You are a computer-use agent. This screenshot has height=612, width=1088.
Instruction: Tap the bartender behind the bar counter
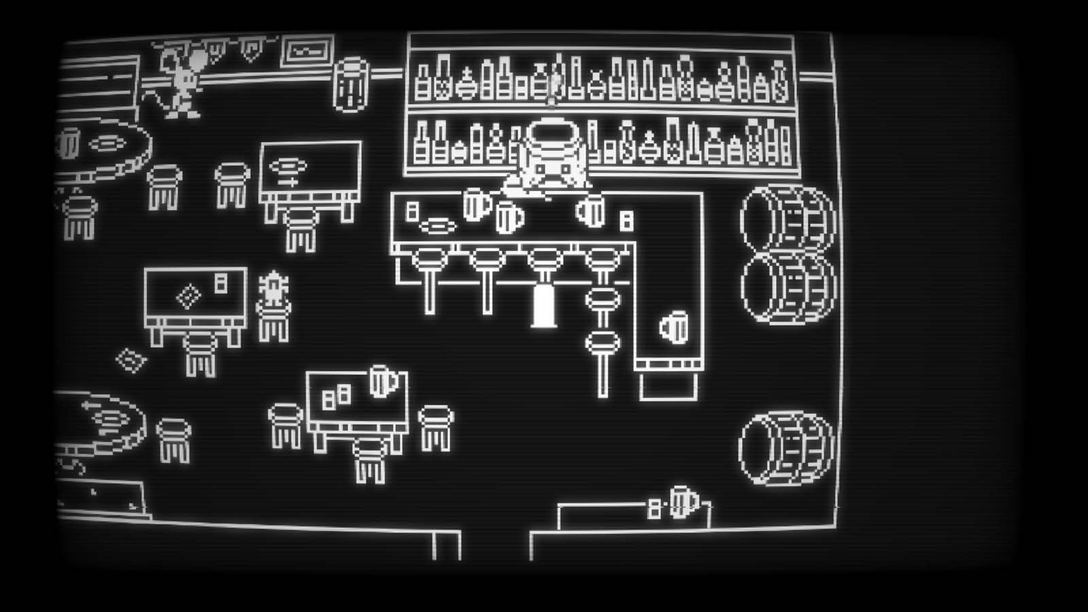[548, 170]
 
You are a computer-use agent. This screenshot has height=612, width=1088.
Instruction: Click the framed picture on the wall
[307, 50]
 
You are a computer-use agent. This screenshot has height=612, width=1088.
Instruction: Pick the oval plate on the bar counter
[438, 225]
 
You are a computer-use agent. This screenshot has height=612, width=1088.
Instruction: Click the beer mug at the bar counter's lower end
[674, 327]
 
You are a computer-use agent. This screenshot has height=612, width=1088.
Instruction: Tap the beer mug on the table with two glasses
[382, 381]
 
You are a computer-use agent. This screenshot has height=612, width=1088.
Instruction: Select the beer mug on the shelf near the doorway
[682, 502]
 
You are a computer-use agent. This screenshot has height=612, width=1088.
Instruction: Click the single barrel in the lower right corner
[787, 448]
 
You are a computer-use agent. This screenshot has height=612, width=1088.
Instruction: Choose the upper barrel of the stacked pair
[787, 218]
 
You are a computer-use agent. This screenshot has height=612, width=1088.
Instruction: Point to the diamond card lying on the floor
[131, 360]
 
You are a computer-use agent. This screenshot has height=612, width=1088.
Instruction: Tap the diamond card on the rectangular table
[188, 296]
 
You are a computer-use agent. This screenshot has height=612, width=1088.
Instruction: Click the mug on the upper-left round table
[68, 143]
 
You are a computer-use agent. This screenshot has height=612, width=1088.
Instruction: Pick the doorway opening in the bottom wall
[495, 544]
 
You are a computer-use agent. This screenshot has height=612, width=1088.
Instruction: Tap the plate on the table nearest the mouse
[107, 143]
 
